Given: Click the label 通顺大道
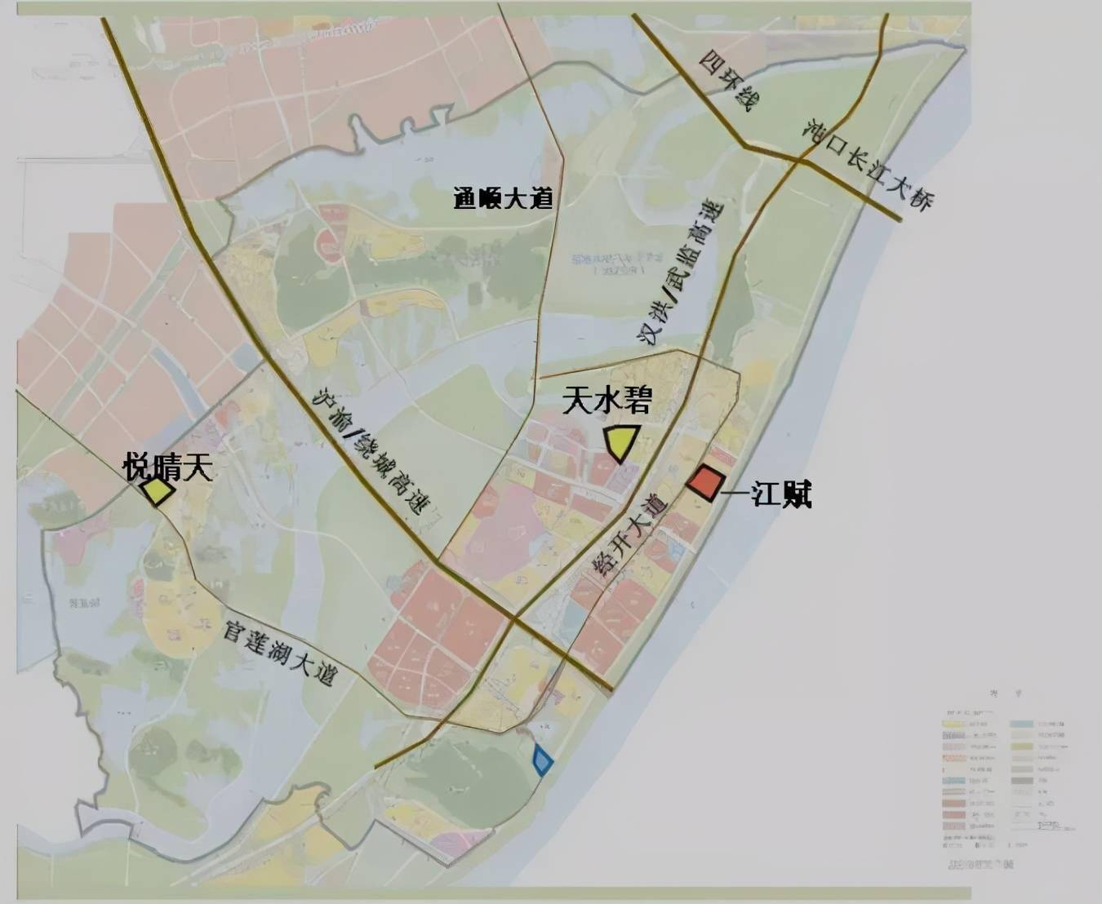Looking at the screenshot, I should click(x=503, y=198).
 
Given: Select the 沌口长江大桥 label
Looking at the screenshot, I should click(x=869, y=164).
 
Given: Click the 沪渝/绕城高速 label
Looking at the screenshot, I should click(x=372, y=450).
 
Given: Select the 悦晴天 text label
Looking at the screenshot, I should click(x=168, y=468).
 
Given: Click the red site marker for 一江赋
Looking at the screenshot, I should click(x=705, y=482).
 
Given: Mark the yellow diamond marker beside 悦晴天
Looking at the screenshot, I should click(x=156, y=492).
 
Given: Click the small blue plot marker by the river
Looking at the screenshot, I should click(x=542, y=760).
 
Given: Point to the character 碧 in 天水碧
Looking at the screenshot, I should click(x=637, y=399).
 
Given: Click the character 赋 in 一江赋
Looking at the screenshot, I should click(x=796, y=494).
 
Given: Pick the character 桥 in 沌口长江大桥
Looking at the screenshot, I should click(x=920, y=200).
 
